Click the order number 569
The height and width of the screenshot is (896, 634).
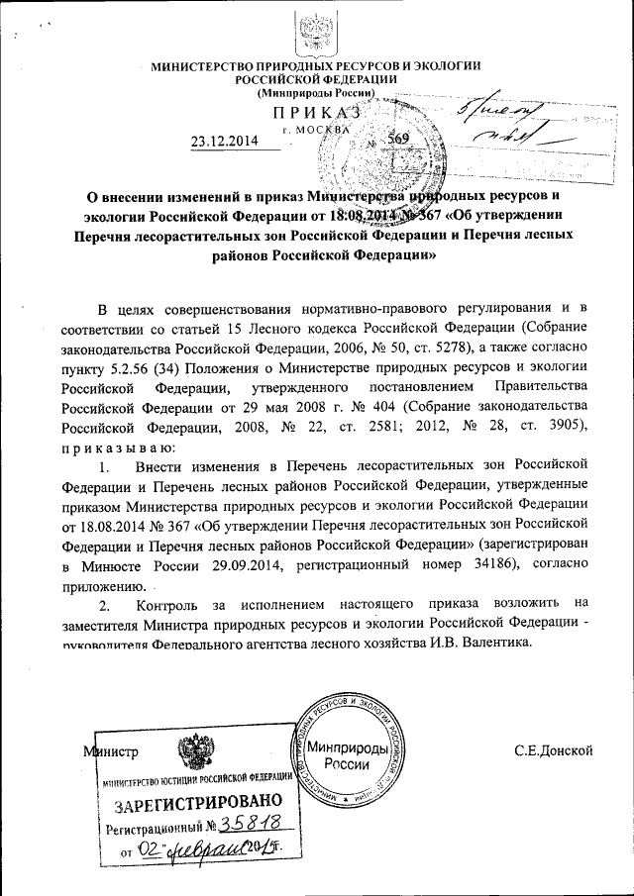point(397,140)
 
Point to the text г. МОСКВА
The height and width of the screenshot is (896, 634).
point(316,130)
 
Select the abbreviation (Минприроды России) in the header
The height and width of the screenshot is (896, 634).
point(316,92)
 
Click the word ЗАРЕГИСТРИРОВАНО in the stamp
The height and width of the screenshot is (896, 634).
point(190,803)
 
